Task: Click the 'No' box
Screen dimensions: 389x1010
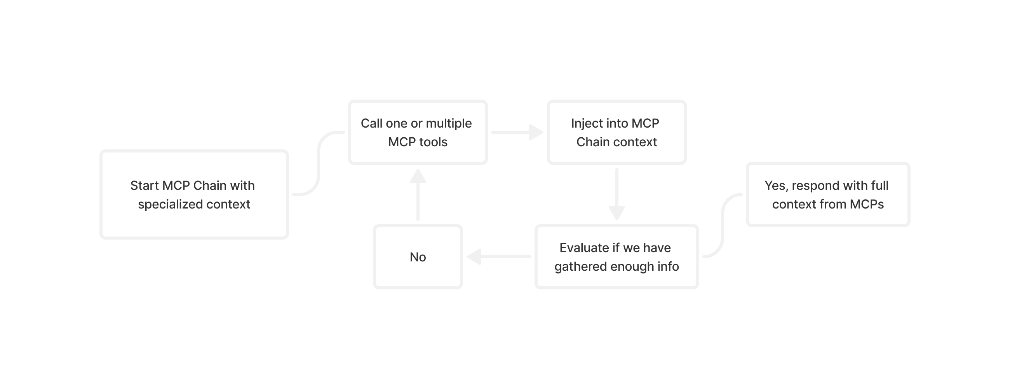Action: [x=418, y=257]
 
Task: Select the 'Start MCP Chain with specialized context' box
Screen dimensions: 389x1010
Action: [x=194, y=194]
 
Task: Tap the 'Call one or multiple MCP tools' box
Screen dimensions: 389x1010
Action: [x=418, y=132]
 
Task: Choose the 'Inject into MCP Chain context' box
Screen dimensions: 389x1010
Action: [x=616, y=132]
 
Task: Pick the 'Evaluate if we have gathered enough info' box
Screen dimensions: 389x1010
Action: [x=616, y=257]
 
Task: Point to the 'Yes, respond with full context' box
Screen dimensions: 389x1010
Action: [x=828, y=194]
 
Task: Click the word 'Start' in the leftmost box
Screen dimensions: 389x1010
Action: [x=144, y=185]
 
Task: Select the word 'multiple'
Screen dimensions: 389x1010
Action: [x=449, y=123]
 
